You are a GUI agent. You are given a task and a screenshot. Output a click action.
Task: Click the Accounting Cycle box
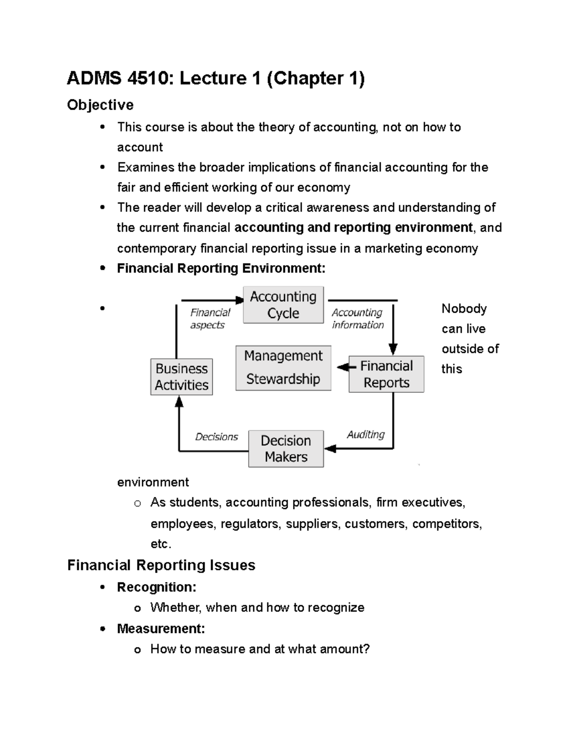283,305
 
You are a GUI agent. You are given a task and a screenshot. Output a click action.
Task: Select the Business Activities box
182,377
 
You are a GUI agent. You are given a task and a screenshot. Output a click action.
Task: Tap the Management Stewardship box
283,368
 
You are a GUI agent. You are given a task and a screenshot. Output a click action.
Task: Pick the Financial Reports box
386,374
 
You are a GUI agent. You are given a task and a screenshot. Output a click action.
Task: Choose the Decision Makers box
286,448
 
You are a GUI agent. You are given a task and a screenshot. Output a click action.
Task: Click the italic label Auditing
366,434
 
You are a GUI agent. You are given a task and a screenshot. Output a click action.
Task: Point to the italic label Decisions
216,437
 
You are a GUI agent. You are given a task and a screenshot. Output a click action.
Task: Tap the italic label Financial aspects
210,318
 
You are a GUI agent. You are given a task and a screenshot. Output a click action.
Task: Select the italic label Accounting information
357,318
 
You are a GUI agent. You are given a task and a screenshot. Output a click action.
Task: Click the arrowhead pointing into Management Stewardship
341,367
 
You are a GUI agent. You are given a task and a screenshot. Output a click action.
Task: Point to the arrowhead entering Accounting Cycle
239,300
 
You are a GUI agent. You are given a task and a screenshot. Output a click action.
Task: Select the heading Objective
100,105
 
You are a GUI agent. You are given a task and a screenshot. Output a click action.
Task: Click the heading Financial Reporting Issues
161,565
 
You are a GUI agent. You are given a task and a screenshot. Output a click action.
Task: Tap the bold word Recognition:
156,587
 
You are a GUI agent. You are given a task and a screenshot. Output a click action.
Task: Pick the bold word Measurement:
161,629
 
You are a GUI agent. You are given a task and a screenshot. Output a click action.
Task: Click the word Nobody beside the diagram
464,308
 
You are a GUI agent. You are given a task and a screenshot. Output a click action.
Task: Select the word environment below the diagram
153,482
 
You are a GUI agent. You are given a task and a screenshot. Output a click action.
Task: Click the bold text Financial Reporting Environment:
221,269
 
